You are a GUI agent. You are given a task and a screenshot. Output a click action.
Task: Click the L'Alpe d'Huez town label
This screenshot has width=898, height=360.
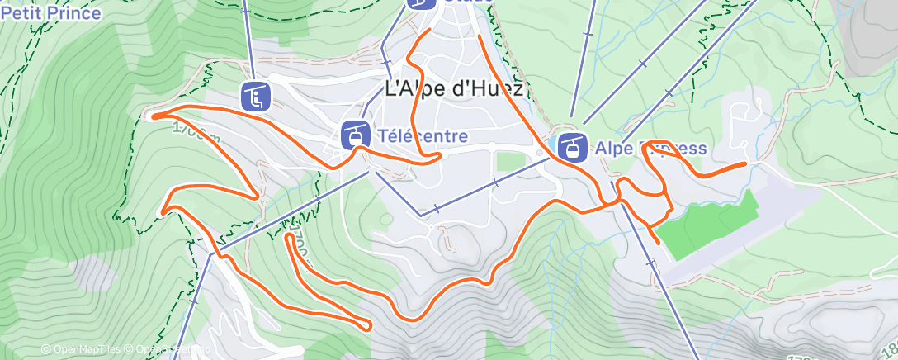pyautogui.click(x=454, y=90)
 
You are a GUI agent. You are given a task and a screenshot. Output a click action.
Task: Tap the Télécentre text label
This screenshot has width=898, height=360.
pyautogui.click(x=422, y=136)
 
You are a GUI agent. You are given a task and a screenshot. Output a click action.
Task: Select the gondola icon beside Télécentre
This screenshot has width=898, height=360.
pyautogui.click(x=356, y=135)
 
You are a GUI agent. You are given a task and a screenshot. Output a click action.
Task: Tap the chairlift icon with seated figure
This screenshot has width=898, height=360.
pyautogui.click(x=256, y=96)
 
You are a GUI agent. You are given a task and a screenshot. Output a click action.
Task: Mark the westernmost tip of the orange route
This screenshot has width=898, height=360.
pyautogui.click(x=154, y=116)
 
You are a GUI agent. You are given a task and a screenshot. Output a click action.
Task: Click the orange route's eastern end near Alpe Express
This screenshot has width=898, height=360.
pyautogui.click(x=746, y=163)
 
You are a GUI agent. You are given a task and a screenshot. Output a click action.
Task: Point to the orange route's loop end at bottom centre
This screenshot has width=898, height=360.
pyautogui.click(x=366, y=327)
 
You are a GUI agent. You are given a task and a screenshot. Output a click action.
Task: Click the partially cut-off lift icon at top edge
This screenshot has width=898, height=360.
pyautogui.click(x=422, y=3)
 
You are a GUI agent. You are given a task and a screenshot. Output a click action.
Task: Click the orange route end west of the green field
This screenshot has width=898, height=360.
pyautogui.click(x=657, y=242)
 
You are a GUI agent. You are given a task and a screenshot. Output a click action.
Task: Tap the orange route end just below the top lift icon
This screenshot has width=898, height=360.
pyautogui.click(x=428, y=30)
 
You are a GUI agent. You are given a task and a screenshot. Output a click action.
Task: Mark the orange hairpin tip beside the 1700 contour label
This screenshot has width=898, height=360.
pyautogui.click(x=288, y=237)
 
